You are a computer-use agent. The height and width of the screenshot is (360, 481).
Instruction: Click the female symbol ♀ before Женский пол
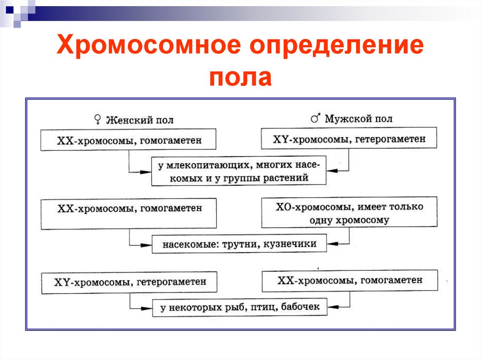pos(97,120)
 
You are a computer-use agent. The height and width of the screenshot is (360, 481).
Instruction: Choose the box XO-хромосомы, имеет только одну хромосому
pos(349,213)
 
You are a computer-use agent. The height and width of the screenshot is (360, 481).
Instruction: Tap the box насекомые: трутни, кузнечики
pos(240,244)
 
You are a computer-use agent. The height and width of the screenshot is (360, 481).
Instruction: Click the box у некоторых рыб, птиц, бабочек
pos(240,307)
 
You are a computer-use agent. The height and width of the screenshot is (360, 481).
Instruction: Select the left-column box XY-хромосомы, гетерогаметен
pos(129,283)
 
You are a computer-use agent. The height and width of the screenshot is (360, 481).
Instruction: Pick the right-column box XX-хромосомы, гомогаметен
pos(349,280)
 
